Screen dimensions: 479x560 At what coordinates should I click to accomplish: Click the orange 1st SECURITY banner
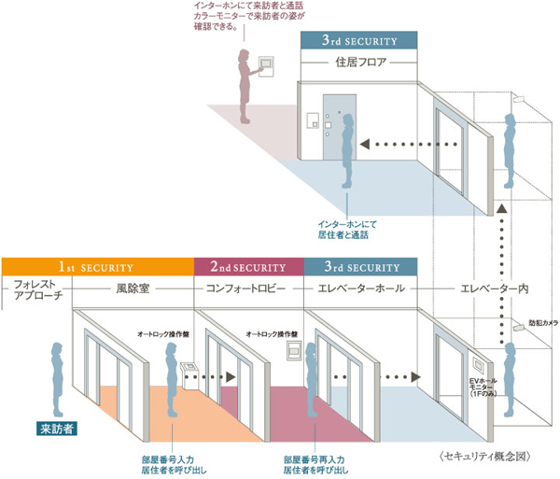98,266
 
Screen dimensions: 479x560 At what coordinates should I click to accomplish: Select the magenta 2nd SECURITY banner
248,266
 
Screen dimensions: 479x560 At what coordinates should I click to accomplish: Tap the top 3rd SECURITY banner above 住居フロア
358,41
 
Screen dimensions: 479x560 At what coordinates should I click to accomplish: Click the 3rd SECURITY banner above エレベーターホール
360,266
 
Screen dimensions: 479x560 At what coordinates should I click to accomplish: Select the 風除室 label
134,289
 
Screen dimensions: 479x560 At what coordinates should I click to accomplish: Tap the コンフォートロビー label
248,289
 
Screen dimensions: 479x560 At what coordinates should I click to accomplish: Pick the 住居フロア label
359,63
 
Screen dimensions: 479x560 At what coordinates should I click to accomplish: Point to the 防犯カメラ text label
543,322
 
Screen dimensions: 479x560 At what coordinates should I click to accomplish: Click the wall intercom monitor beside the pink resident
266,64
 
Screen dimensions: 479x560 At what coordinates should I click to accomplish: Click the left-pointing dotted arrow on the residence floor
411,145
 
